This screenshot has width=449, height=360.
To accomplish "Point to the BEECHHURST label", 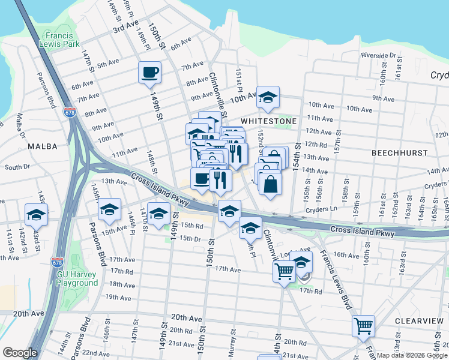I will click(398, 154).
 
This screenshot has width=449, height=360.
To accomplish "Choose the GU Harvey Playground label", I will click(77, 278).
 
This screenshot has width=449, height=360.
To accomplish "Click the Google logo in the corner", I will click(20, 353).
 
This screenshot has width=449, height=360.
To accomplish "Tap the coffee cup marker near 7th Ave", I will click(149, 73).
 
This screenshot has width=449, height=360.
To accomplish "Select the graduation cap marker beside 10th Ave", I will click(268, 97).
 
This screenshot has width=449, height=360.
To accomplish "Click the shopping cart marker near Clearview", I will click(363, 326).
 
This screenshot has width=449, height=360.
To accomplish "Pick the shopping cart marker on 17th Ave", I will click(284, 271).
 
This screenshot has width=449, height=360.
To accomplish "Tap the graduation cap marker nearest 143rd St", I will click(36, 214).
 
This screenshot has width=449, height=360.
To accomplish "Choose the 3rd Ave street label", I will click(125, 28).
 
